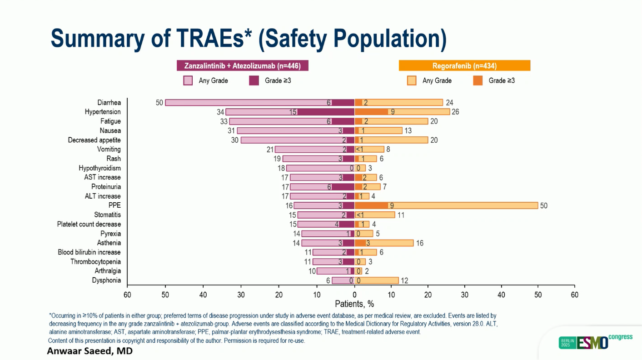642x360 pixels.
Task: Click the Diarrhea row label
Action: coord(109,103)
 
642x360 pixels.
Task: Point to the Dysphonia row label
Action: coord(106,280)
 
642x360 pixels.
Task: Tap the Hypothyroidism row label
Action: coord(100,168)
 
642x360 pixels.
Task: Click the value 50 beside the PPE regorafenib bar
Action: coord(544,205)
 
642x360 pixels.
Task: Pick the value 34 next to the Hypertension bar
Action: coord(221,112)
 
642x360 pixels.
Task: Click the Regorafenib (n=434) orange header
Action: coord(464,66)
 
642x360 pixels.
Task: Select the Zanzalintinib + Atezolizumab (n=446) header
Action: coord(242,66)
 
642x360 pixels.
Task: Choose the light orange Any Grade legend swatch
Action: coord(412,81)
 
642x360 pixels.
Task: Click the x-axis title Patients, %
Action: coord(354,304)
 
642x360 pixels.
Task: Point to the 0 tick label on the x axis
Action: coord(354,295)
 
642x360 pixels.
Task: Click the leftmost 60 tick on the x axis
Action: coord(127,295)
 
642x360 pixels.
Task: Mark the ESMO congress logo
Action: coord(595,342)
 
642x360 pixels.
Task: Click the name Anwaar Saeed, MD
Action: coord(90,351)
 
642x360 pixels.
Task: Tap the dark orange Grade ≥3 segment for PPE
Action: coord(371,205)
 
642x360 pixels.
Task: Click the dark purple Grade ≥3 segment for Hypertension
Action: coord(326,112)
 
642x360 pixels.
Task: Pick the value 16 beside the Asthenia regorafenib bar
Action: coord(419,243)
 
